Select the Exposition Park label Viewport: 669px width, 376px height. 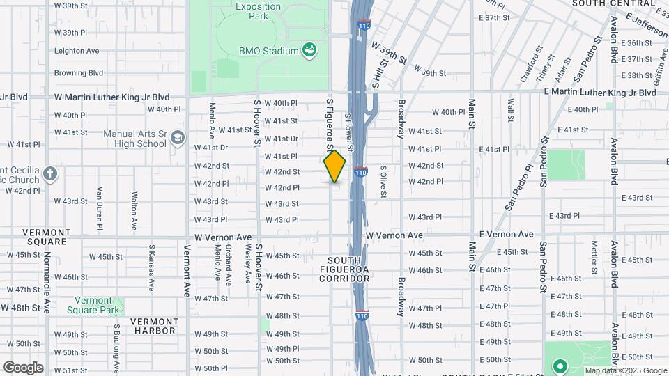coord(258,11)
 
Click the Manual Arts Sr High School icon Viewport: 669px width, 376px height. coord(178,138)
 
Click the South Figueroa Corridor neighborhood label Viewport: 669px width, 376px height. coord(344,269)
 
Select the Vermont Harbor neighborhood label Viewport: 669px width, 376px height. coord(155,326)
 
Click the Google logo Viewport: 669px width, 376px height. coord(23,367)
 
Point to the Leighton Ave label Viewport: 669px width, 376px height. coord(77,51)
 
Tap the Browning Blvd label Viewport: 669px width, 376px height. coord(79,72)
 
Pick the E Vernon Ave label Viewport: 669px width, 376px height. coord(506,235)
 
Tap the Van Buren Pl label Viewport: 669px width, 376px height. coord(100,207)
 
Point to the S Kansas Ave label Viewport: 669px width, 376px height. coord(151,267)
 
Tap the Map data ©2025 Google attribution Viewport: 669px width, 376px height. coord(625,370)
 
